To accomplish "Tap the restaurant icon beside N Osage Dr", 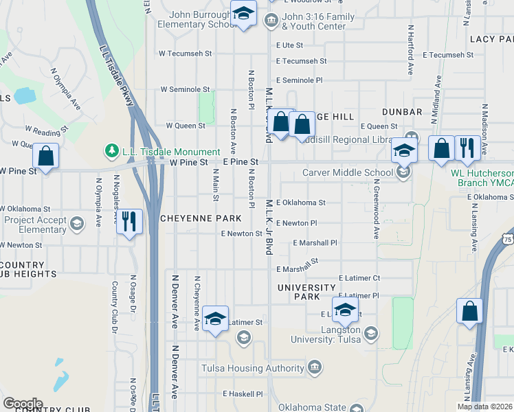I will pyautogui.click(x=128, y=221).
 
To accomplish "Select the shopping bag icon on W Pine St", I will pyautogui.click(x=45, y=156).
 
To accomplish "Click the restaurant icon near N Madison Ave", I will pyautogui.click(x=467, y=148).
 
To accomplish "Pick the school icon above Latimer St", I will pyautogui.click(x=216, y=318).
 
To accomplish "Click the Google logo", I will pyautogui.click(x=23, y=404).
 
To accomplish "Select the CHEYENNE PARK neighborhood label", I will pyautogui.click(x=201, y=218).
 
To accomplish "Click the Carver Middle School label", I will pyautogui.click(x=348, y=172).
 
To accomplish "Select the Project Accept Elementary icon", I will pyautogui.click(x=76, y=224).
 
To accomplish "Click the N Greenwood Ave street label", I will pyautogui.click(x=376, y=210).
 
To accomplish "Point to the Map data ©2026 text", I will pyautogui.click(x=484, y=407).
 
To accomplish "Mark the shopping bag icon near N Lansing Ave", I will pyautogui.click(x=470, y=311).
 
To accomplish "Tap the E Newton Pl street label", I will pyautogui.click(x=296, y=223).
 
